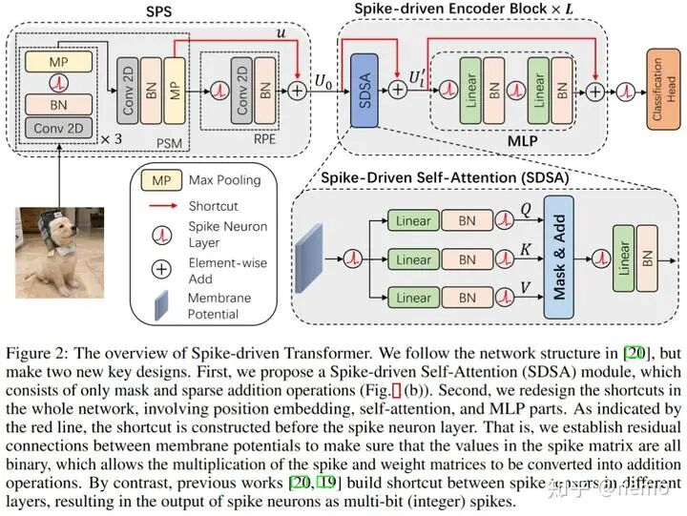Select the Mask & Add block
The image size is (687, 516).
click(x=562, y=257)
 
